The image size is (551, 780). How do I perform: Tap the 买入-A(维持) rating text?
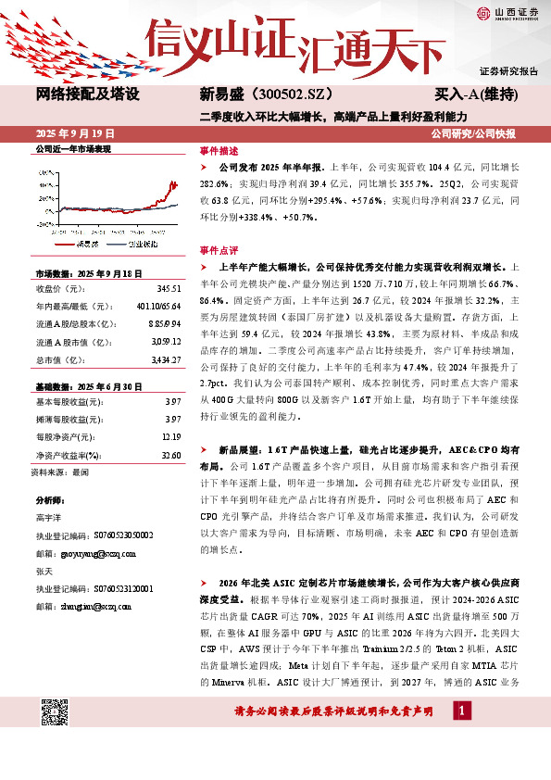click(476, 94)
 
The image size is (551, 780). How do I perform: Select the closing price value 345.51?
click(168, 289)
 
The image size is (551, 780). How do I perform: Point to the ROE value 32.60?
click(170, 456)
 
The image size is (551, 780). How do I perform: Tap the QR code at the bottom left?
click(56, 712)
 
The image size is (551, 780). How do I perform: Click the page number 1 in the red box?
click(462, 711)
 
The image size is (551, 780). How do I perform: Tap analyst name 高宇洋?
click(49, 516)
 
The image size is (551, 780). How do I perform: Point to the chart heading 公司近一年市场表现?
click(72, 148)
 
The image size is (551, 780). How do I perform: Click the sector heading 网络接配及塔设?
click(87, 94)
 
